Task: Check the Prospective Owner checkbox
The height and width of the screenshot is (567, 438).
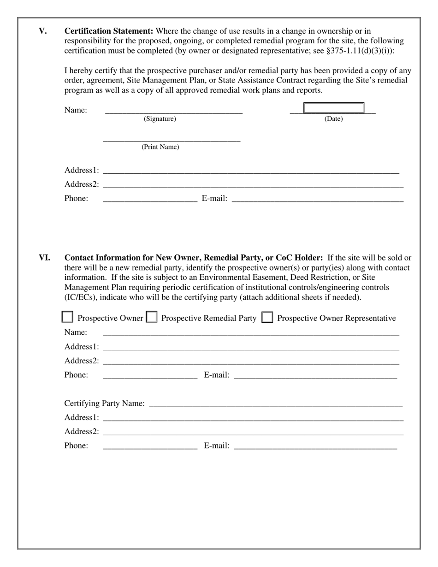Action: (67, 317)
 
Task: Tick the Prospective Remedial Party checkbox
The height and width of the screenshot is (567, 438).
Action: (151, 317)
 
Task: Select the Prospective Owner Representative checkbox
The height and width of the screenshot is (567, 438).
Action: (267, 317)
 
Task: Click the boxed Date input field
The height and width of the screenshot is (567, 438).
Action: (333, 108)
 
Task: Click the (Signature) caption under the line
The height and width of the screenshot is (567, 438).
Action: (160, 119)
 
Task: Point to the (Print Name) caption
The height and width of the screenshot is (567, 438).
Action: (160, 147)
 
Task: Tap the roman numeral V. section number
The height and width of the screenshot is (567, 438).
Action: (42, 31)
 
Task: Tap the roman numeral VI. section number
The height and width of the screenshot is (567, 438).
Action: (44, 258)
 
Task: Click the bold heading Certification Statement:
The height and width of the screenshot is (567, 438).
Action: (109, 31)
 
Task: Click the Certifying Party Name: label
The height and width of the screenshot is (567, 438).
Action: (104, 403)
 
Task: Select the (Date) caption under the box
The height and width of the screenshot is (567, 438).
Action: (333, 119)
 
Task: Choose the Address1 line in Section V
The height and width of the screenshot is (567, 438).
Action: (251, 171)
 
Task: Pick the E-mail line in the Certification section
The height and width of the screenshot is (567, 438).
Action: (317, 199)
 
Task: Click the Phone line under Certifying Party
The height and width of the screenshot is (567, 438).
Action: (150, 446)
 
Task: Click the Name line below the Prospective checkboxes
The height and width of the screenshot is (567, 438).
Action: (251, 332)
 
